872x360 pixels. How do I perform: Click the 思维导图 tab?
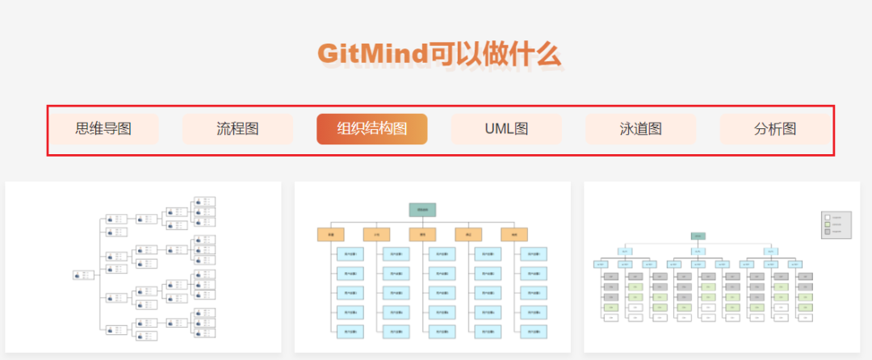pos(103,129)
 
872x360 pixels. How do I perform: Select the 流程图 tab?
pos(237,129)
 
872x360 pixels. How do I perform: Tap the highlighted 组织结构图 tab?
pos(371,129)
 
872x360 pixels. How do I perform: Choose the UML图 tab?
pos(506,129)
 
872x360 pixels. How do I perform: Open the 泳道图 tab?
pos(640,129)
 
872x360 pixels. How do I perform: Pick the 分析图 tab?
pos(775,129)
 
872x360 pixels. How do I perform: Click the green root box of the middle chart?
pos(422,210)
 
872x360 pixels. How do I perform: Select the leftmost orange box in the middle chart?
pos(330,235)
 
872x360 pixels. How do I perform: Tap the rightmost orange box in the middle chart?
pos(514,235)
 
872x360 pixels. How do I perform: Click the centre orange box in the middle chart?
pos(422,235)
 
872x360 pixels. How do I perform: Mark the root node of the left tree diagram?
pos(82,274)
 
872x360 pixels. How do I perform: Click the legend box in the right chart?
pos(836,224)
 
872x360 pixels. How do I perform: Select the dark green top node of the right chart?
pos(698,236)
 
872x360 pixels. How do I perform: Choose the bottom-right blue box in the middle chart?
pos(534,331)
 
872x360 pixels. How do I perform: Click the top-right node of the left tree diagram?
pos(205,201)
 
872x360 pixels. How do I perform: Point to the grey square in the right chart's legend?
pos(827,232)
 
